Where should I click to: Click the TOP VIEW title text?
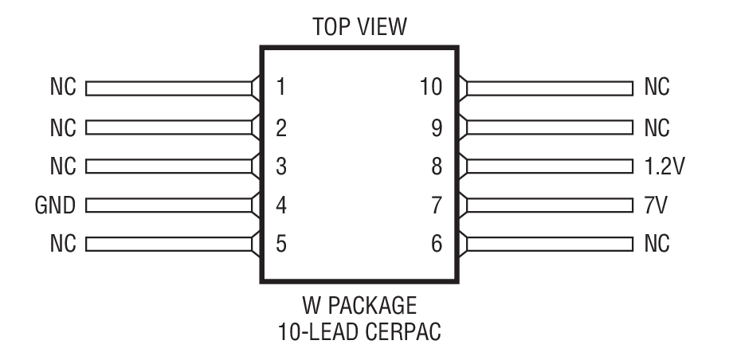coord(361,28)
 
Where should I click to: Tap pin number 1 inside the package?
coord(280,87)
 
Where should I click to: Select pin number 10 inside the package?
coord(431,87)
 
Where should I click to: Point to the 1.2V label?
coord(665,166)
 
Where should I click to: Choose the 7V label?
coord(657,205)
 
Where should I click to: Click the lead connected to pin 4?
coord(167,205)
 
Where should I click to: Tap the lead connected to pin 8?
coord(550,166)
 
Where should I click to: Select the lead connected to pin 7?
coord(550,205)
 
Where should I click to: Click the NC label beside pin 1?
coord(62,87)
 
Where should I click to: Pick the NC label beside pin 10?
coord(658,87)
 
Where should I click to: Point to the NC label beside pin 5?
coord(62,244)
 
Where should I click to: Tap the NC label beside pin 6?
coord(658,244)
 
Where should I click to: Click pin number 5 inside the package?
coord(280,244)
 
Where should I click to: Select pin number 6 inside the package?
coord(436,244)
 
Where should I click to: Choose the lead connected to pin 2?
coord(167,127)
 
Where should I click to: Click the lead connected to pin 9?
coord(550,127)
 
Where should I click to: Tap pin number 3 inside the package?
coord(280,166)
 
